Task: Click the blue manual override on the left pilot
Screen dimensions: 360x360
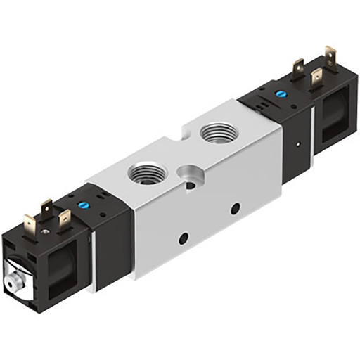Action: pyautogui.click(x=82, y=207)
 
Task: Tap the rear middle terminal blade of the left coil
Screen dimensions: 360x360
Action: pyautogui.click(x=46, y=209)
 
